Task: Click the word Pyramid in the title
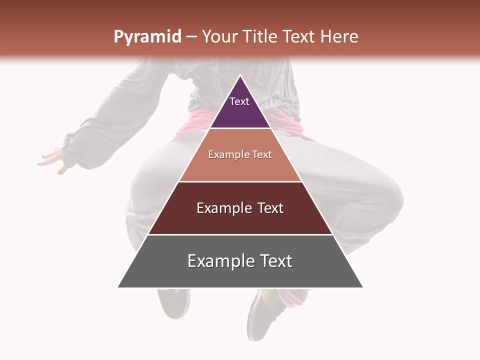[147, 37]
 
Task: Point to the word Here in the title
[339, 36]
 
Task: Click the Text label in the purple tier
[239, 101]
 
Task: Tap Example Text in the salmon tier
[240, 155]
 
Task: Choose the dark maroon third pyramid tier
[240, 220]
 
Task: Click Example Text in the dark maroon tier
[240, 208]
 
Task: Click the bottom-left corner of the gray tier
[119, 286]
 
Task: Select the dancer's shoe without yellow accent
[175, 302]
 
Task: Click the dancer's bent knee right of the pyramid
[385, 200]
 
